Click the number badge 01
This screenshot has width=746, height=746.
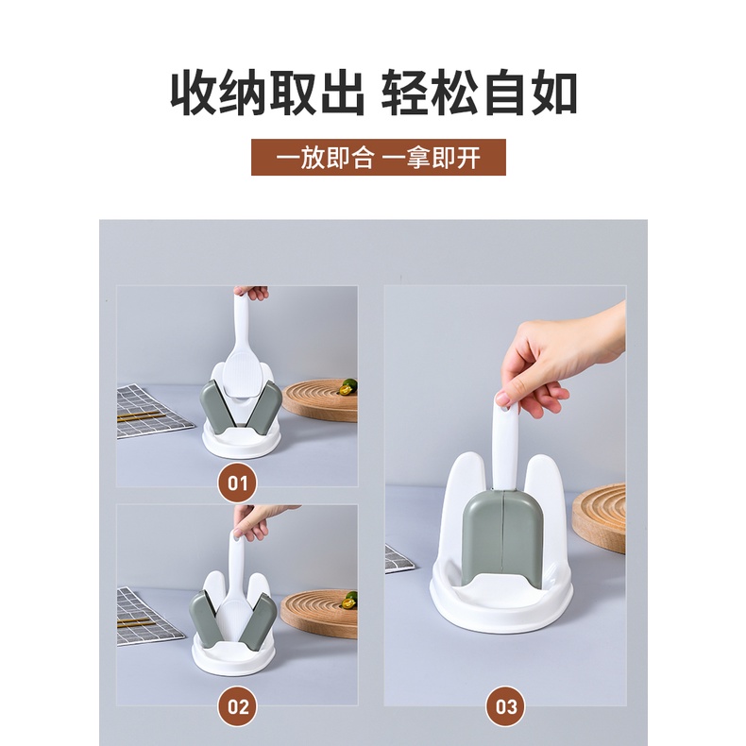click(237, 483)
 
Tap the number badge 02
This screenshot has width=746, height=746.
click(237, 706)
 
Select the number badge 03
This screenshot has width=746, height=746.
click(505, 706)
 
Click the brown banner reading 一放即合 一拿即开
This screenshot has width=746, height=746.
click(379, 158)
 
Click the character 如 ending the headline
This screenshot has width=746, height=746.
click(554, 93)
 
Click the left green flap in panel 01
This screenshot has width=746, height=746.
click(217, 408)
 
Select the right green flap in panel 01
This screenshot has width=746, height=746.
click(264, 408)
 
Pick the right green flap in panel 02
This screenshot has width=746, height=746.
click(258, 620)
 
